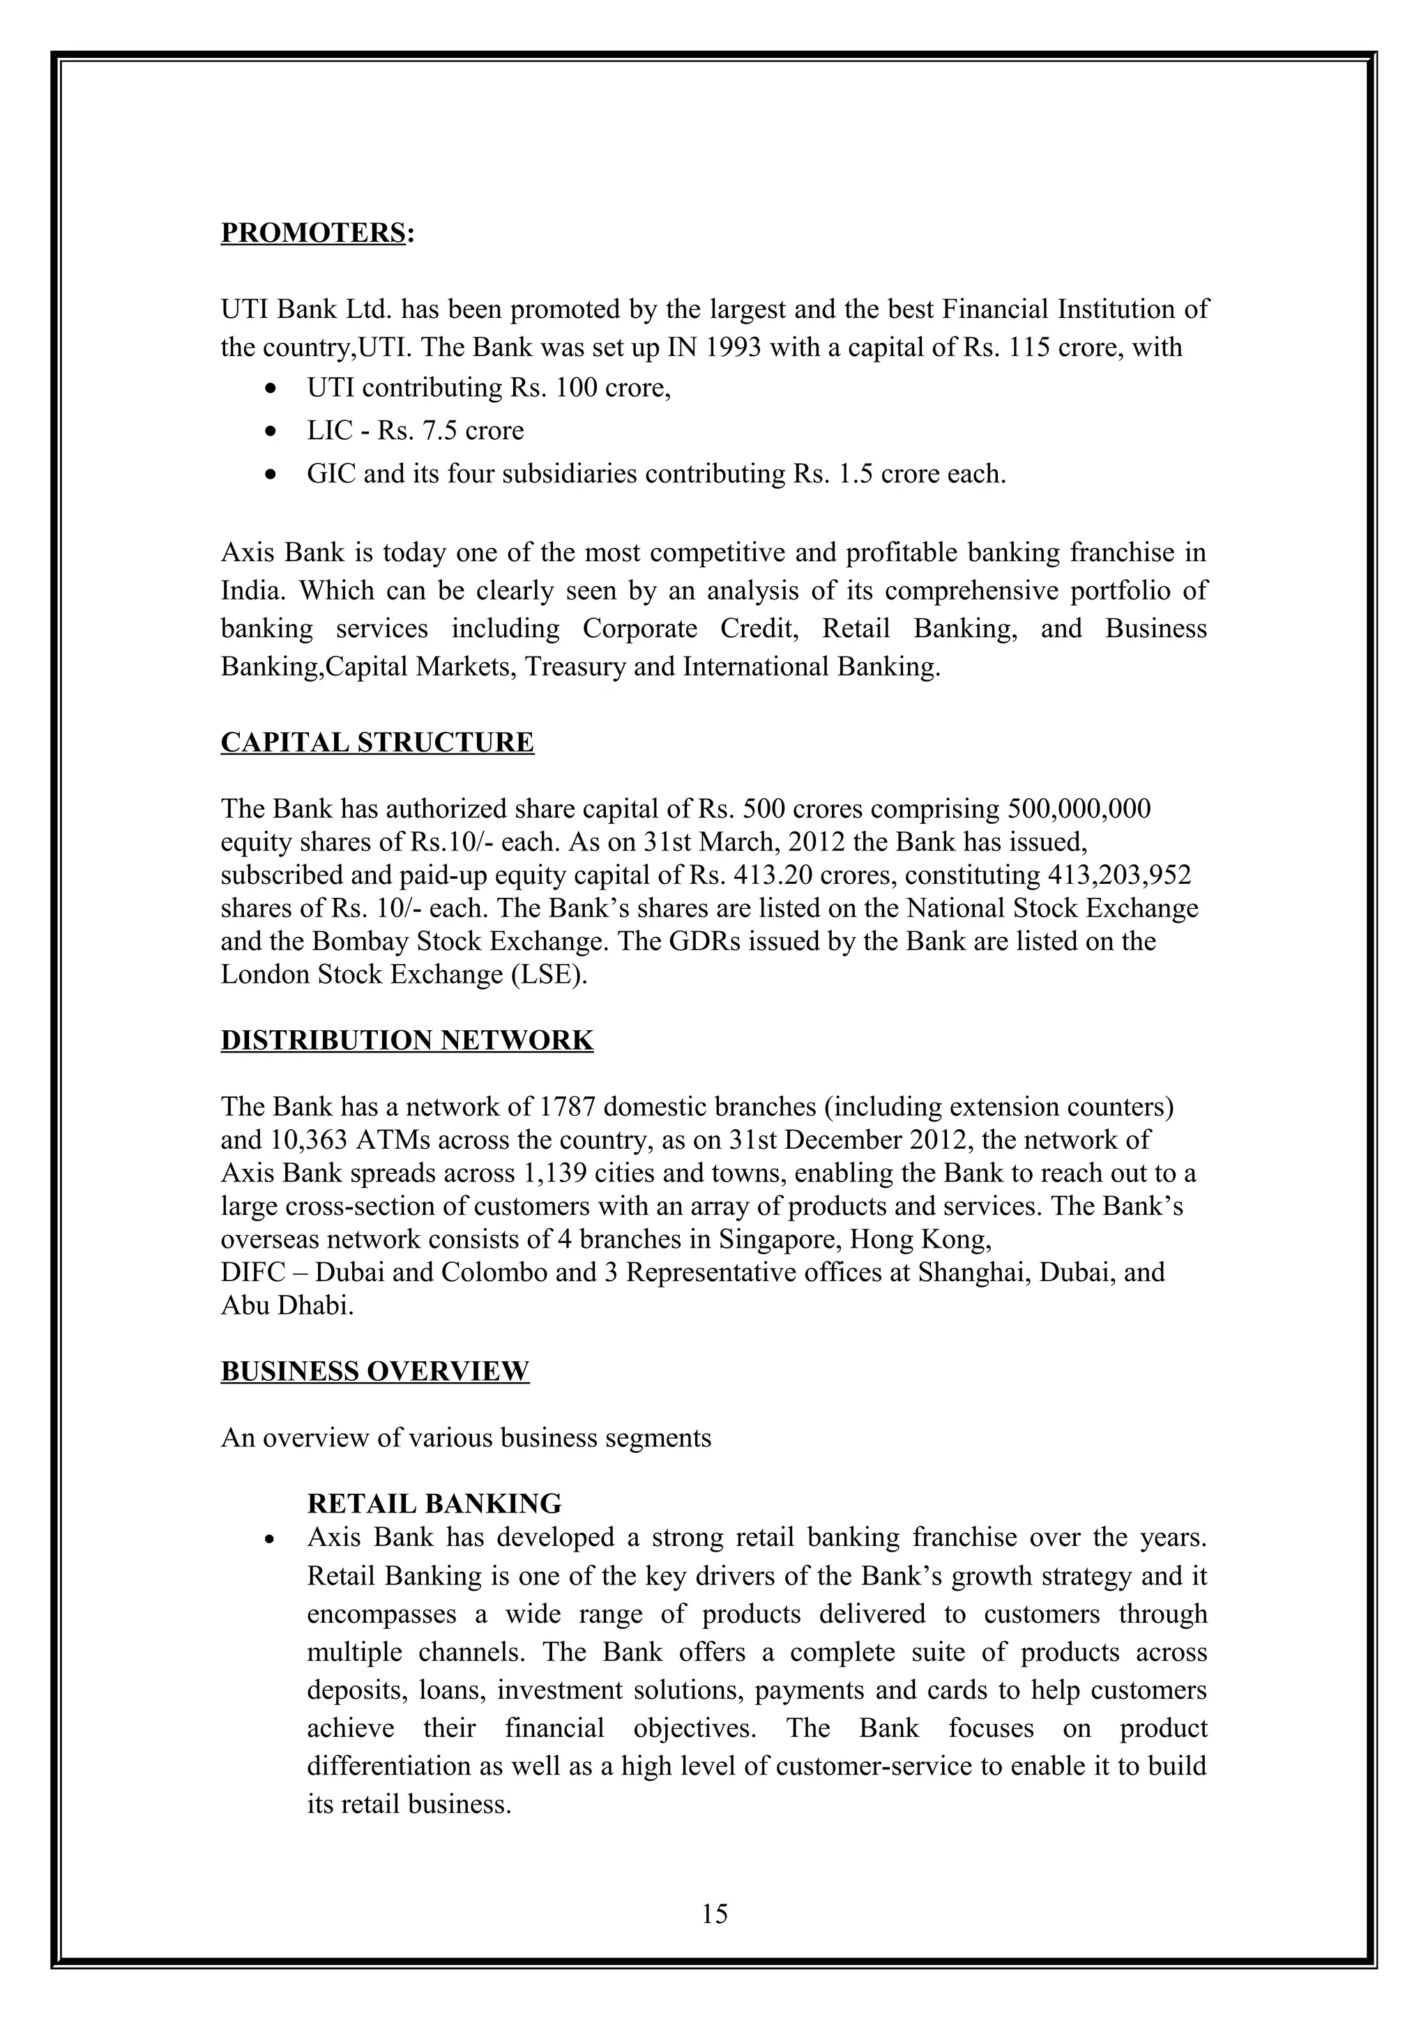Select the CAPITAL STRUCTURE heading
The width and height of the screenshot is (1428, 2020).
click(377, 742)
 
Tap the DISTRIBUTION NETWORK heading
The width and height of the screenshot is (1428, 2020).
click(407, 1040)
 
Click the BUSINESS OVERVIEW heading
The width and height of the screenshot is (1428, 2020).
click(375, 1372)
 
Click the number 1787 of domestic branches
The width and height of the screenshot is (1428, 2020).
click(568, 1107)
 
